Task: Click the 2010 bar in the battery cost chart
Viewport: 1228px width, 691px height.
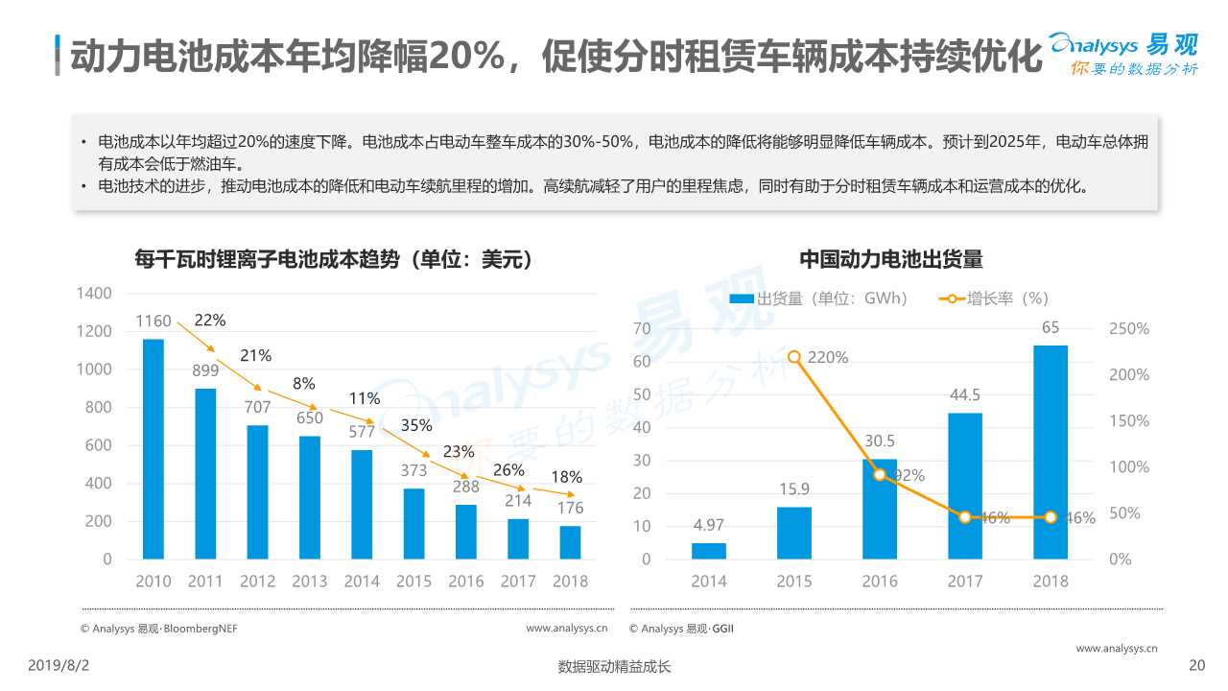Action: [153, 448]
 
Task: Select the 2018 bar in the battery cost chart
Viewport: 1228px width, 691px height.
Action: [570, 542]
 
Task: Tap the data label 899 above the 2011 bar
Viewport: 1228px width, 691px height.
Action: [205, 369]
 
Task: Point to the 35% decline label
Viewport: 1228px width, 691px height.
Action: [416, 425]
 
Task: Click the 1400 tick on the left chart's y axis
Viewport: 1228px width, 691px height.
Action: [94, 293]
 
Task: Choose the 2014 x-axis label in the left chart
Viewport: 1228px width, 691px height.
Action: [362, 581]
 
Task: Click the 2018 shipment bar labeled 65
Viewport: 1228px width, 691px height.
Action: [1051, 452]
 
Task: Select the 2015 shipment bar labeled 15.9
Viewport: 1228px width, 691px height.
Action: [794, 533]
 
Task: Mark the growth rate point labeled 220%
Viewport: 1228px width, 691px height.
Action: [794, 357]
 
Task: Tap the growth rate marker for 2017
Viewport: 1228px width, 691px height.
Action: [965, 517]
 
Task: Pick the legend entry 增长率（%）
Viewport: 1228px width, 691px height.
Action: [994, 298]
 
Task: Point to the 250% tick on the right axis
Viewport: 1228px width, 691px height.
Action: [1129, 329]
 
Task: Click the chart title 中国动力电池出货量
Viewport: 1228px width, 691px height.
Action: [891, 260]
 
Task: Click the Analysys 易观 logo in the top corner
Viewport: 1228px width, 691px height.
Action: [1122, 54]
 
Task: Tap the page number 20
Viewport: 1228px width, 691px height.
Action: [1195, 665]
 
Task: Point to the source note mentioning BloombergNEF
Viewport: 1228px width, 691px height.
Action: [159, 629]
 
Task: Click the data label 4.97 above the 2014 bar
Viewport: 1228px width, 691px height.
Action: [708, 525]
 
